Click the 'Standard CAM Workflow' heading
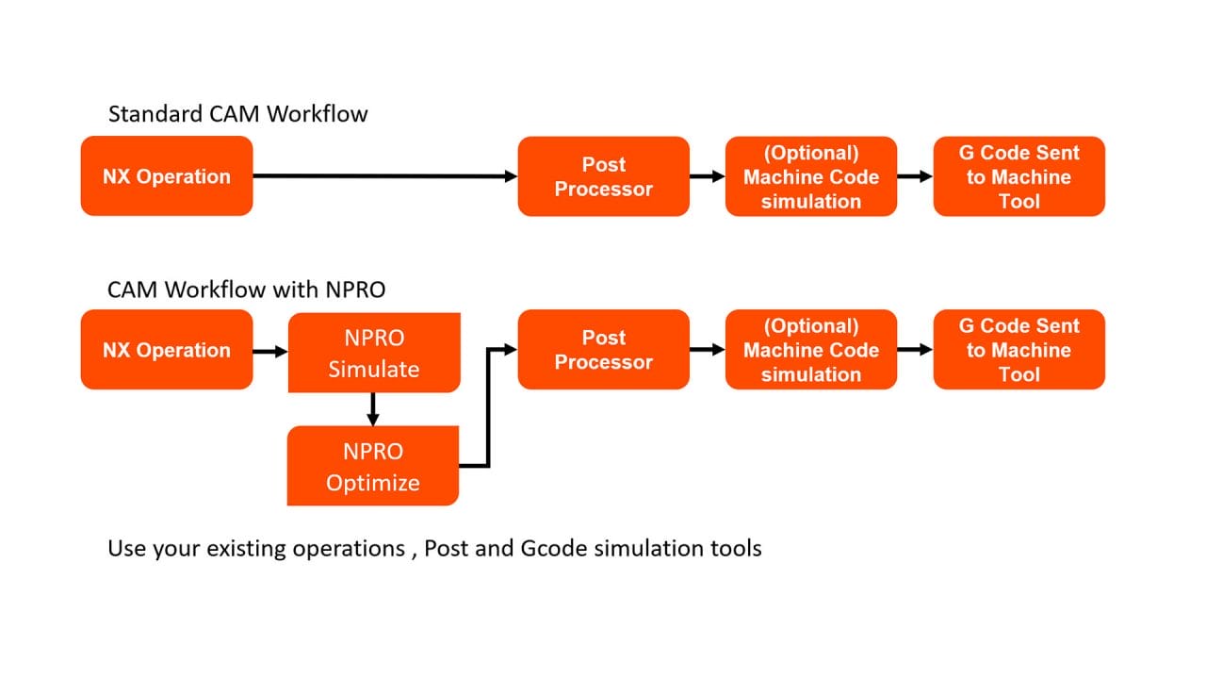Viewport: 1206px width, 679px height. click(x=237, y=114)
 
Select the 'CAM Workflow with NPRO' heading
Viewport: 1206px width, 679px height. click(x=246, y=290)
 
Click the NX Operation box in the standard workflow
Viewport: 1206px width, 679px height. click(x=167, y=176)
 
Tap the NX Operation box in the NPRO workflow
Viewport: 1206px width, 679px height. click(x=167, y=350)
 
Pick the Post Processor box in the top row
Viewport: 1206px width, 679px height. click(x=603, y=176)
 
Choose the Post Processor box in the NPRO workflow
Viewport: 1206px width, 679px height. click(x=603, y=350)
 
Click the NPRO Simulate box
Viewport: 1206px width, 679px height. click(x=373, y=353)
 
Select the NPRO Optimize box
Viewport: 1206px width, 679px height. click(x=373, y=466)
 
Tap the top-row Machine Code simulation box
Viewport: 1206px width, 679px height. click(x=810, y=176)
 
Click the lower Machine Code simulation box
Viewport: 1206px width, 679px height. click(x=810, y=350)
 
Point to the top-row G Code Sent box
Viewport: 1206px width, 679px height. click(x=1019, y=176)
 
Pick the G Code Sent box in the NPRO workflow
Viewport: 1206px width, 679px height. click(x=1019, y=350)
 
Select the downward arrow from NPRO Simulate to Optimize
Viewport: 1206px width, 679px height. click(x=373, y=408)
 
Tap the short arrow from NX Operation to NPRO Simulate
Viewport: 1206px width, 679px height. click(x=269, y=351)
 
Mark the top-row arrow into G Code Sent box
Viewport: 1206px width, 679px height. click(x=914, y=176)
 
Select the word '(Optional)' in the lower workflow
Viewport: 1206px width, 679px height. click(x=810, y=326)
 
